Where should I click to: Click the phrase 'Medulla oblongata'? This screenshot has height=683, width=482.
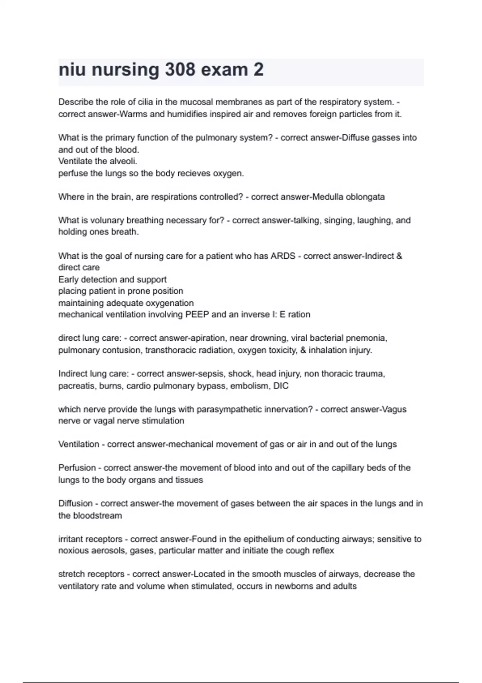pyautogui.click(x=348, y=197)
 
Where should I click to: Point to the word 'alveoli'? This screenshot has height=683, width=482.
pyautogui.click(x=123, y=161)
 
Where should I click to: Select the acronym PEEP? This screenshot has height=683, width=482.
pyautogui.click(x=197, y=314)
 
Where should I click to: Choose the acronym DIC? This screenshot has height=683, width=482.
pyautogui.click(x=281, y=386)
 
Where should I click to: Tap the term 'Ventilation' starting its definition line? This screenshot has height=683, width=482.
pyautogui.click(x=79, y=444)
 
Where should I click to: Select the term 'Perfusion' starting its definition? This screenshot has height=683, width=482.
pyautogui.click(x=77, y=468)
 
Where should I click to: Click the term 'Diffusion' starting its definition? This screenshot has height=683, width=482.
pyautogui.click(x=76, y=503)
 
